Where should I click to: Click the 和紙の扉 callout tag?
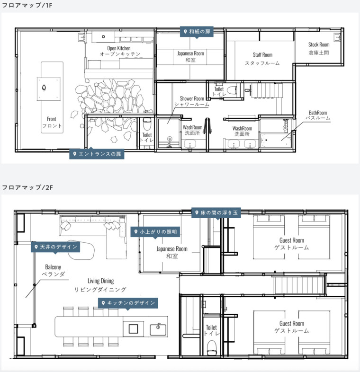[197, 32]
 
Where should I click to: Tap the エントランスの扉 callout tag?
[97, 154]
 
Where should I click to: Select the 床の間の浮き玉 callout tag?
[216, 213]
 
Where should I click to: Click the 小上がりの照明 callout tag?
[155, 231]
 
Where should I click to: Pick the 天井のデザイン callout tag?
[55, 247]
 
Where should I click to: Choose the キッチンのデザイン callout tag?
[128, 303]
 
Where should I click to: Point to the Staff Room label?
[262, 59]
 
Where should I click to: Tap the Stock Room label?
[319, 48]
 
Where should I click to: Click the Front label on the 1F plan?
[52, 122]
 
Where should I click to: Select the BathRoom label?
[318, 115]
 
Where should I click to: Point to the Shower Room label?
[192, 101]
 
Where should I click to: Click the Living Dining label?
[100, 285]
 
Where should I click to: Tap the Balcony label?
[53, 270]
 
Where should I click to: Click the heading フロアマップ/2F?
[27, 187]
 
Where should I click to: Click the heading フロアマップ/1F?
[27, 5]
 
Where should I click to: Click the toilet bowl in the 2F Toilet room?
[212, 347]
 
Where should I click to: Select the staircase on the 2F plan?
[299, 284]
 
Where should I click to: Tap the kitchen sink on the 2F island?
[158, 329]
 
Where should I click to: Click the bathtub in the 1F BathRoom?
[276, 140]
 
